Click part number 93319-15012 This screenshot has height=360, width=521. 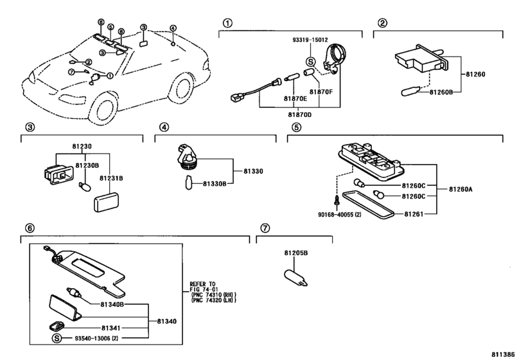tap(310, 40)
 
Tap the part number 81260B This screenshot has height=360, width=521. tap(441, 93)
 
